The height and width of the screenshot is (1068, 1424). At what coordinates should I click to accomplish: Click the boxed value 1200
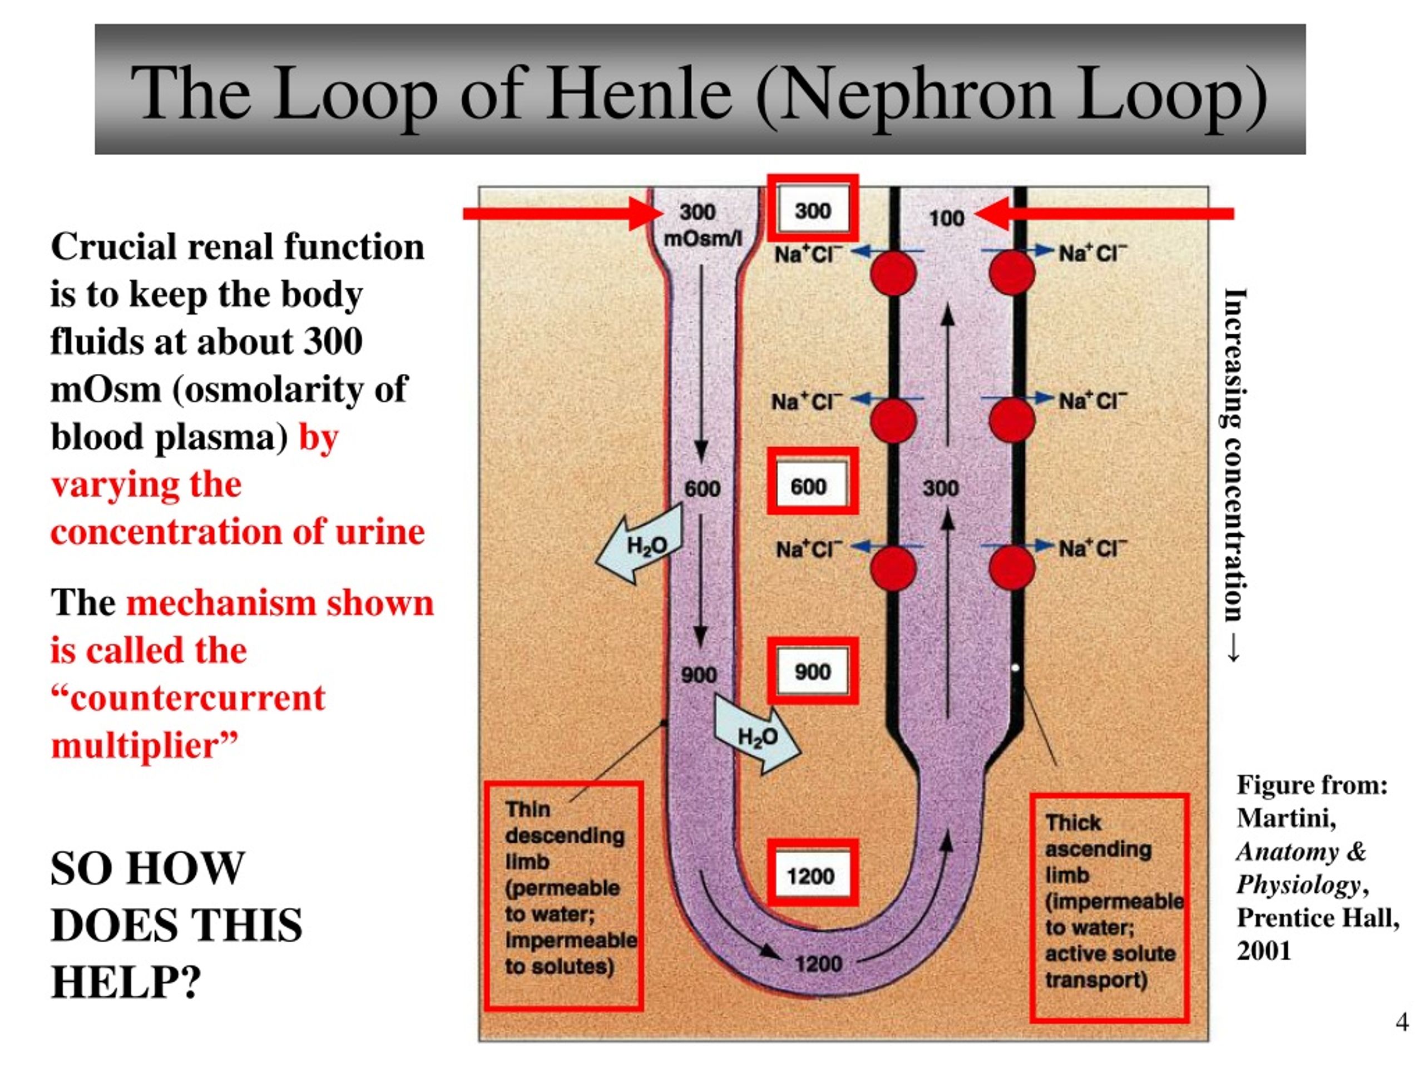pyautogui.click(x=811, y=876)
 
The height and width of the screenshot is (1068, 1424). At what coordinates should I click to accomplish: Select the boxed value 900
pyautogui.click(x=813, y=671)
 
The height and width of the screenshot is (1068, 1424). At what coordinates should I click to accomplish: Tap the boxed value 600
pyautogui.click(x=809, y=487)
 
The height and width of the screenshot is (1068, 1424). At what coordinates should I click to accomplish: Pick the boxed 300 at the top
pyautogui.click(x=813, y=210)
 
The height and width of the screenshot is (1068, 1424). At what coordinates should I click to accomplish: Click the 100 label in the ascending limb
pyautogui.click(x=946, y=218)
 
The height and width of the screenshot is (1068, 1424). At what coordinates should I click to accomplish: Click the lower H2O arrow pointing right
pyautogui.click(x=758, y=738)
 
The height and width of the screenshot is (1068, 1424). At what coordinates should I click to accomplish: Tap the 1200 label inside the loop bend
pyautogui.click(x=818, y=964)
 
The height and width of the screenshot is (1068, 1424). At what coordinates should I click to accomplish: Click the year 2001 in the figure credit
pyautogui.click(x=1264, y=951)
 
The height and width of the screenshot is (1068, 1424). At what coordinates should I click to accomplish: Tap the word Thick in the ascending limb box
pyautogui.click(x=1072, y=823)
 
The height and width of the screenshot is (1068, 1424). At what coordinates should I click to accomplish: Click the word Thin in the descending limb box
pyautogui.click(x=527, y=809)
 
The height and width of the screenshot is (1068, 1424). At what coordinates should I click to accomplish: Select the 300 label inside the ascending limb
pyautogui.click(x=941, y=488)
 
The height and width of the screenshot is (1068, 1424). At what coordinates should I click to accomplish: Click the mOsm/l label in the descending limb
pyautogui.click(x=703, y=239)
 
